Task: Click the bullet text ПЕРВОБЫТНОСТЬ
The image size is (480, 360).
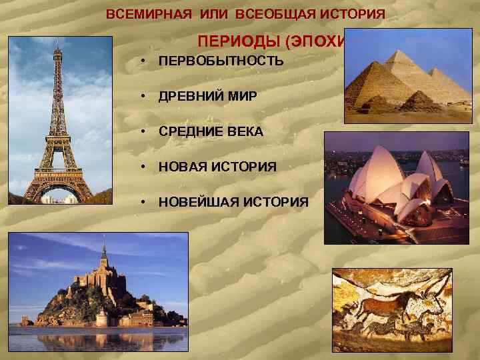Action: [x=221, y=61]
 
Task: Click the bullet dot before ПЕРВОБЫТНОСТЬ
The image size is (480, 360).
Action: [x=143, y=61]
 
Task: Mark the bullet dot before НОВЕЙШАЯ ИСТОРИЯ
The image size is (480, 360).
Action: [x=143, y=201]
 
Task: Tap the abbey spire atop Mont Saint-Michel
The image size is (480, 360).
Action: [x=103, y=249]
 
